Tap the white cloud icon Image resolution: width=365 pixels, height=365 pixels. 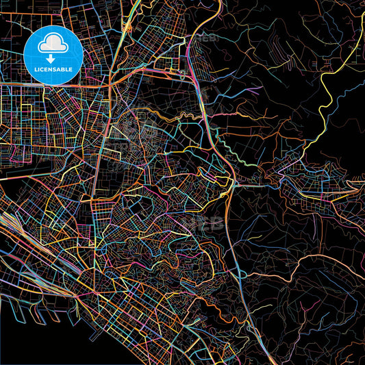(x=53, y=44)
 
